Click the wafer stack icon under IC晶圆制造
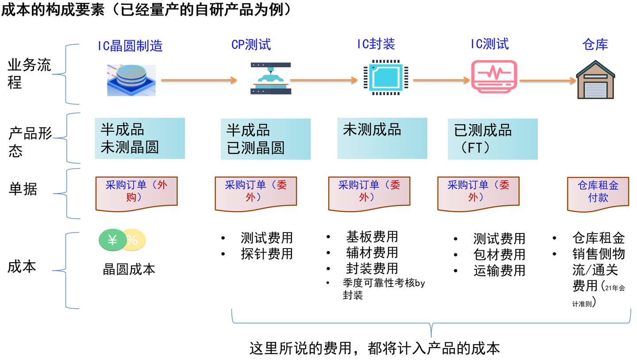(x=131, y=80)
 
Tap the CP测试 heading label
(x=251, y=44)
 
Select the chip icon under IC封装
(x=383, y=79)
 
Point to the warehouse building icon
(x=595, y=79)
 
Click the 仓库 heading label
(x=595, y=44)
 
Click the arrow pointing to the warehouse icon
(x=548, y=80)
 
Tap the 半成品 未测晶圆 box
(x=140, y=138)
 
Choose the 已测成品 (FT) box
(x=492, y=138)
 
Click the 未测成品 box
(x=382, y=138)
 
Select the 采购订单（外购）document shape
(x=136, y=193)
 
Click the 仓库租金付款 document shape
(x=598, y=193)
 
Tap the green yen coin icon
(x=112, y=240)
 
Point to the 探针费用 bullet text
(x=267, y=254)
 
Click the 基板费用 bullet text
(x=372, y=237)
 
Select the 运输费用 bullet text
(x=499, y=270)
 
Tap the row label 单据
(x=23, y=189)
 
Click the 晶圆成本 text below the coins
(x=129, y=269)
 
